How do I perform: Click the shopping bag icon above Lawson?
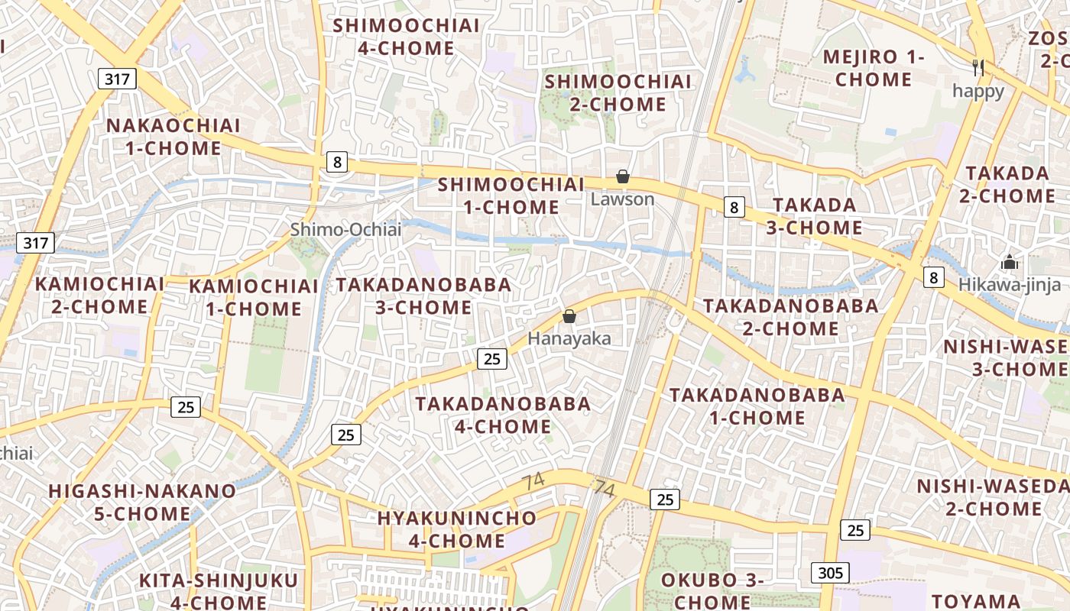[623, 177]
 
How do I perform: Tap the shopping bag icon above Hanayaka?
[569, 316]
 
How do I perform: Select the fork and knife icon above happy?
[978, 67]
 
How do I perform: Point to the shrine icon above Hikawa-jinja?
[1010, 262]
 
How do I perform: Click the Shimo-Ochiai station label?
[345, 229]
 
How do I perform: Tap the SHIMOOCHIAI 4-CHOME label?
[407, 37]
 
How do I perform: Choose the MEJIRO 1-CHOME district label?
[874, 68]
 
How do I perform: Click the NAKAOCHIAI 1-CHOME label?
[173, 137]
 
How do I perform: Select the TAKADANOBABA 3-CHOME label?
[423, 296]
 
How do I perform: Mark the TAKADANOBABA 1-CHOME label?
[757, 406]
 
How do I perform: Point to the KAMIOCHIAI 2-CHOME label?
[99, 295]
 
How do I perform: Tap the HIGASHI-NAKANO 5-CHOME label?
[142, 502]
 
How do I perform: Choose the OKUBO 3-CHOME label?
[712, 590]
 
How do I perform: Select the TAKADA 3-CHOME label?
[815, 216]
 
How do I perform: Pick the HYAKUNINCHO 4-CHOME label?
[456, 529]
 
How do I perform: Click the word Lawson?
[623, 199]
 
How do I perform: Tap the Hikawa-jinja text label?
[1010, 285]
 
